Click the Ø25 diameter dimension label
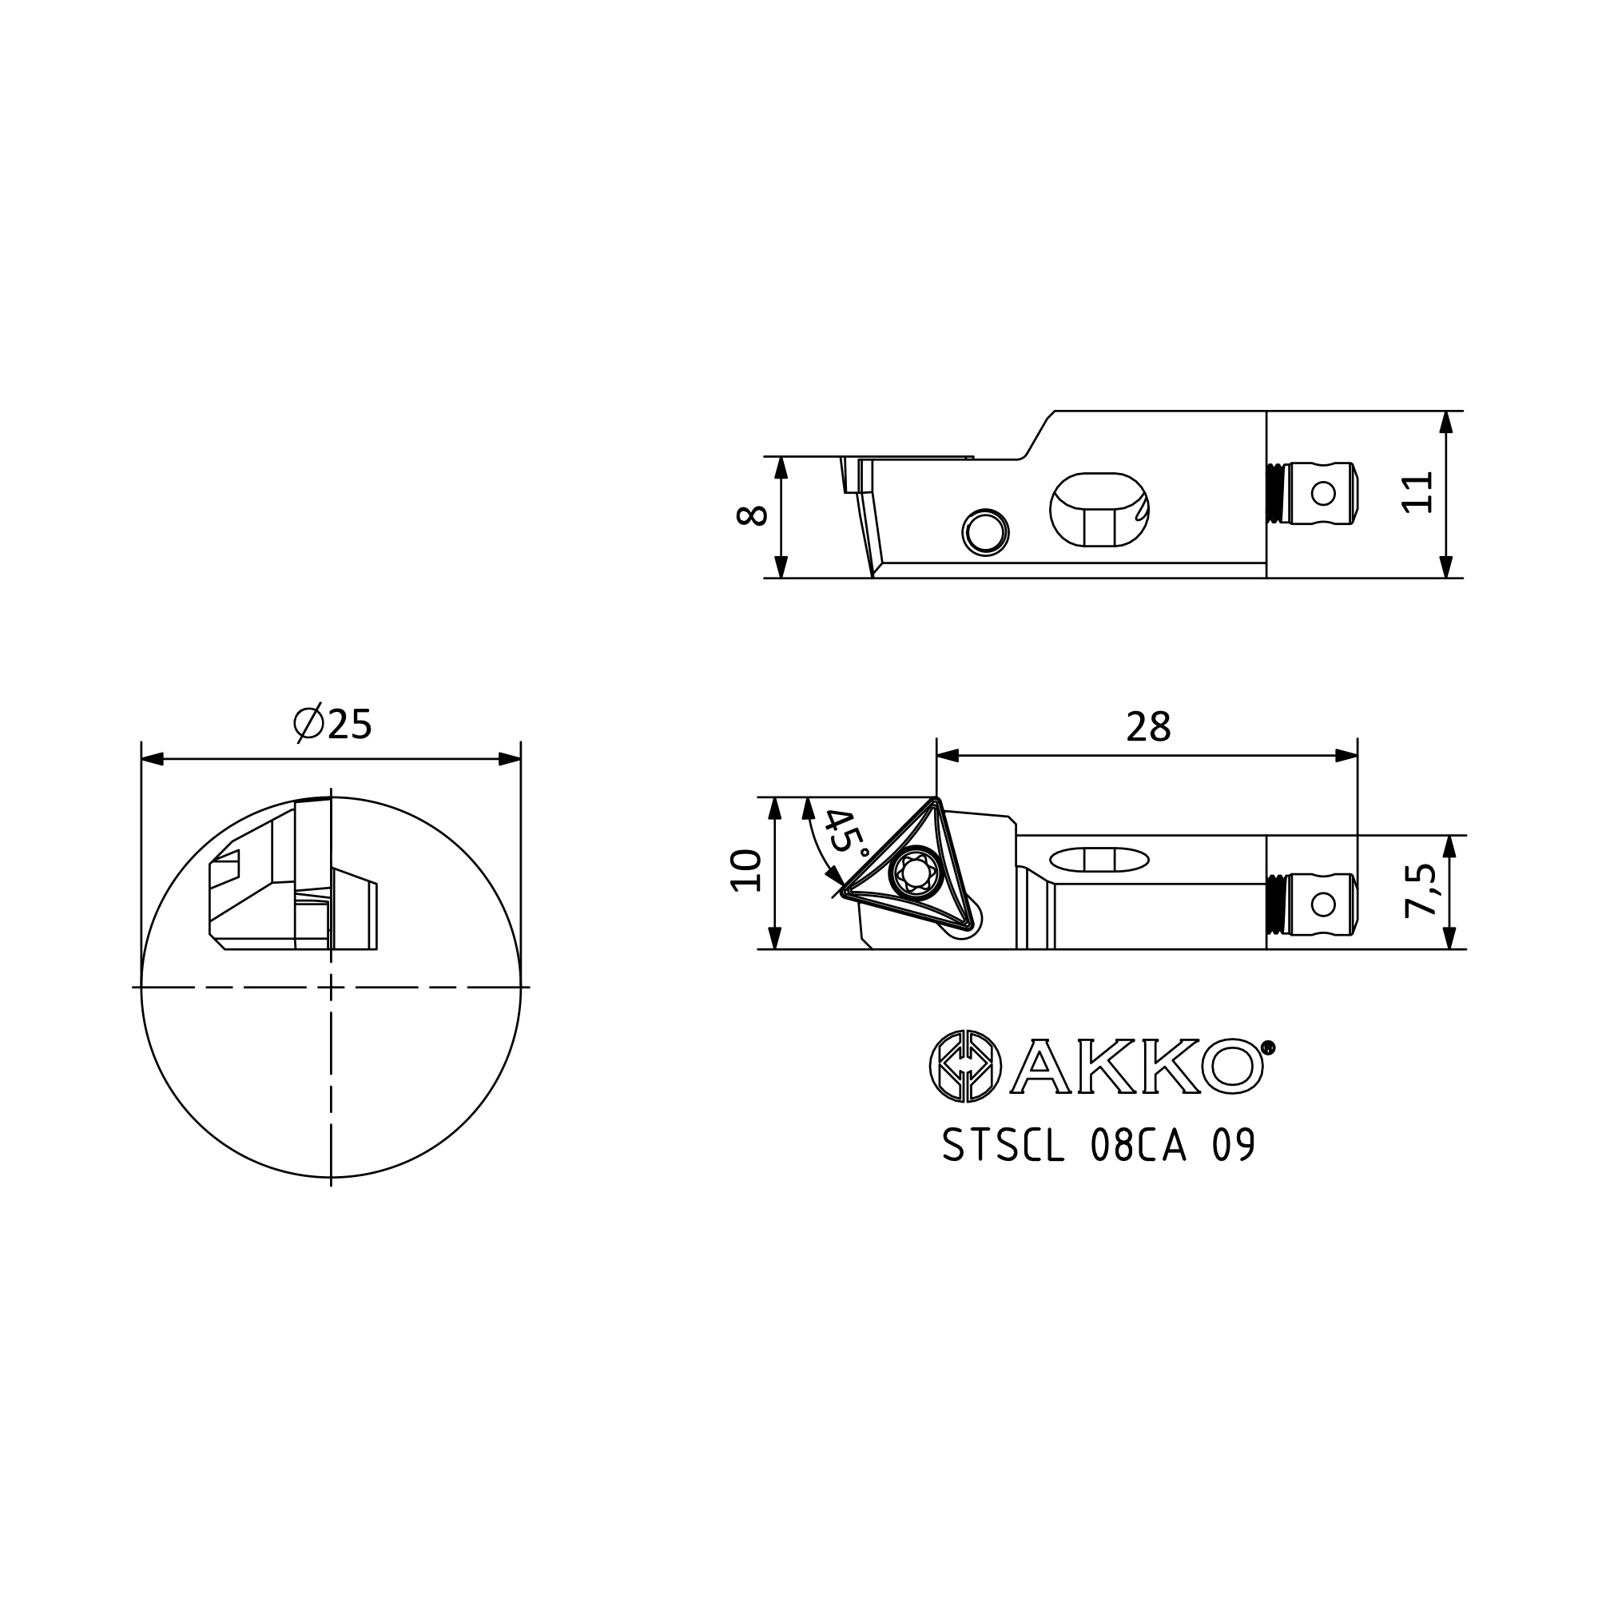click(x=332, y=724)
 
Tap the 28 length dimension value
click(x=1149, y=727)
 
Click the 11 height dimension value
click(x=1417, y=493)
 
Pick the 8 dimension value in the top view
click(x=752, y=516)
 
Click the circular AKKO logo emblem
click(x=965, y=1066)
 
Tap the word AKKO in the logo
click(x=1138, y=1066)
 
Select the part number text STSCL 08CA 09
click(x=1099, y=1146)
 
